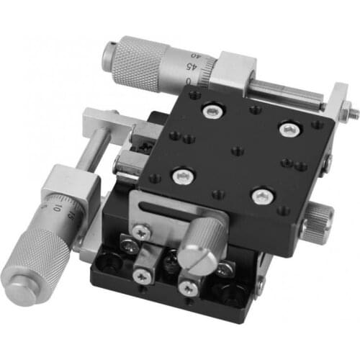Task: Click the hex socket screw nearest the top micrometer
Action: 212,109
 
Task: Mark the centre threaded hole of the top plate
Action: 236,151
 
